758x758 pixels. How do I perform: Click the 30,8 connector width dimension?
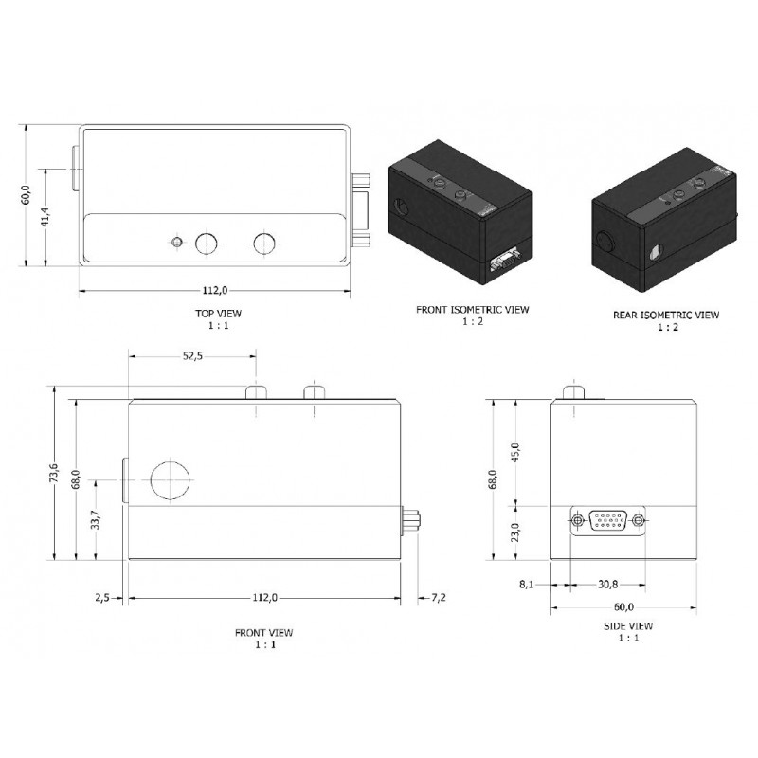[607, 585]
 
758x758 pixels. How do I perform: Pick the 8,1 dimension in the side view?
[528, 585]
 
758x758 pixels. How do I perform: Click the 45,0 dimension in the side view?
[514, 452]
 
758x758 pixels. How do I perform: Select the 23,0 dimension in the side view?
[514, 531]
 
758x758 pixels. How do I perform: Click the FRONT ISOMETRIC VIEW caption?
[473, 309]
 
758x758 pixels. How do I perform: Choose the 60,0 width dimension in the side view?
[623, 606]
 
